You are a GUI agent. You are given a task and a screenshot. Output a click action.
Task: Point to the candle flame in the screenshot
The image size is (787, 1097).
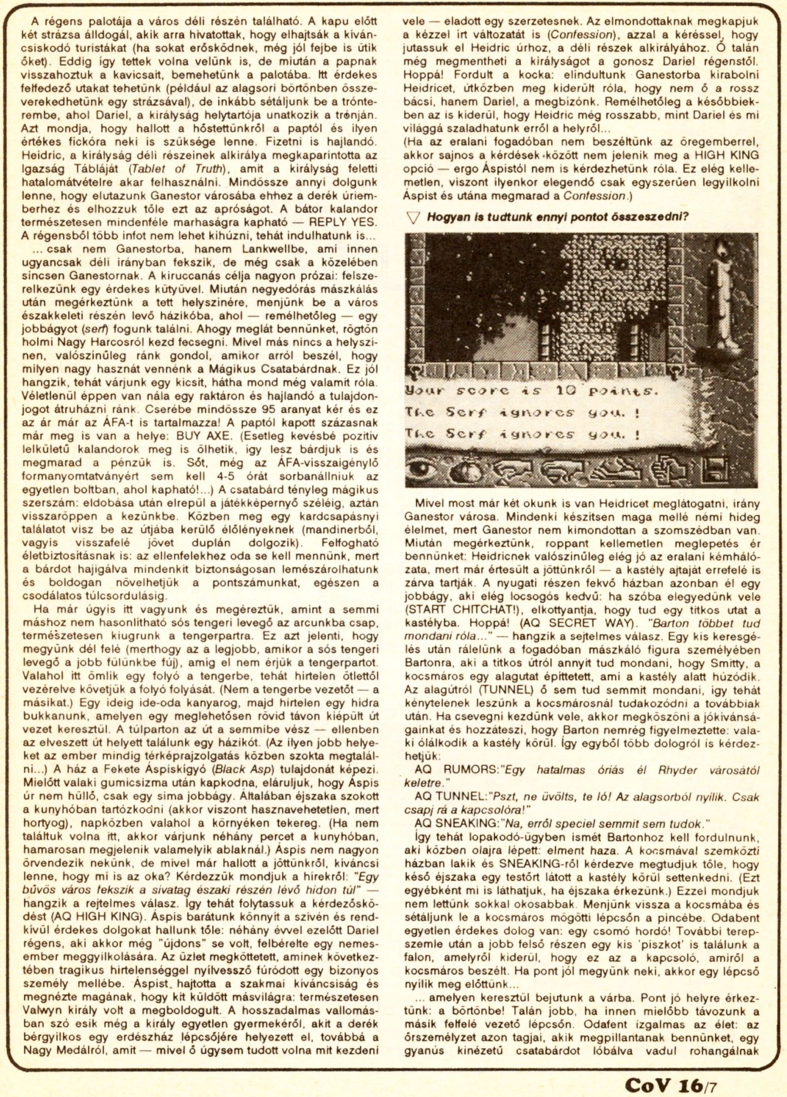724,250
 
